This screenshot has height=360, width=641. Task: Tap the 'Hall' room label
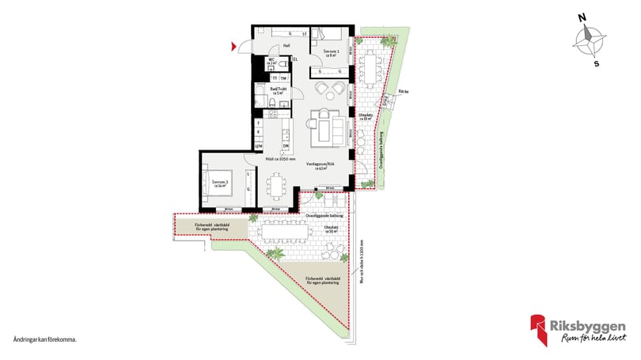275,46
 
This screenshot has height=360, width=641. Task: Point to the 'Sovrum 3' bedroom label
219,184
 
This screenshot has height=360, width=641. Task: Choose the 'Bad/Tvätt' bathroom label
277,91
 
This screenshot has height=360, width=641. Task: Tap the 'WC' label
271,61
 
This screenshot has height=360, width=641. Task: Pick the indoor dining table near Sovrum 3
277,186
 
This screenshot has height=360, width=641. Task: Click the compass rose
590,40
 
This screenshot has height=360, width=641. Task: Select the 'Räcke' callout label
404,92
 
